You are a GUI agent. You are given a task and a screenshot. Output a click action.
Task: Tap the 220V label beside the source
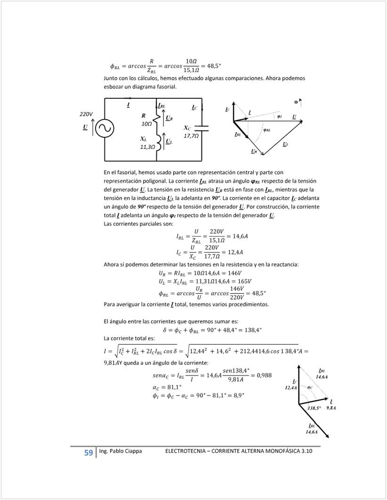[86, 114]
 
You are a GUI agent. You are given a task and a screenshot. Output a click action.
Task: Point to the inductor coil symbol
[157, 142]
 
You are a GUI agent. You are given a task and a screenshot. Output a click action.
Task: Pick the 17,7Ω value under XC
[191, 136]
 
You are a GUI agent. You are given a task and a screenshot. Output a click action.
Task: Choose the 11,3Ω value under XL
[147, 147]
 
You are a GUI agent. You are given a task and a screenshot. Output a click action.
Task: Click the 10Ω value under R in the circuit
[146, 124]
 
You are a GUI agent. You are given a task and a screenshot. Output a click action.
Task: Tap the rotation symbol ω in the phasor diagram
[296, 101]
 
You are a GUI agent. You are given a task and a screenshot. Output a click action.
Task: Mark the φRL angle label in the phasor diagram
[267, 130]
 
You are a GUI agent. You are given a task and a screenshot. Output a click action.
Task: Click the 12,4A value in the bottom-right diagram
[291, 387]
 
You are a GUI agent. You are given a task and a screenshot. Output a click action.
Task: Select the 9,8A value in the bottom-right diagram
[331, 408]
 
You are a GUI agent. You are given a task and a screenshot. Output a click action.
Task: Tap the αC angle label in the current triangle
[310, 387]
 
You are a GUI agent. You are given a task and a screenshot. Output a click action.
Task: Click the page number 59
[89, 453]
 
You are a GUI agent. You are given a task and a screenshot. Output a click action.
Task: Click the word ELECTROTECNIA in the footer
[187, 451]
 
